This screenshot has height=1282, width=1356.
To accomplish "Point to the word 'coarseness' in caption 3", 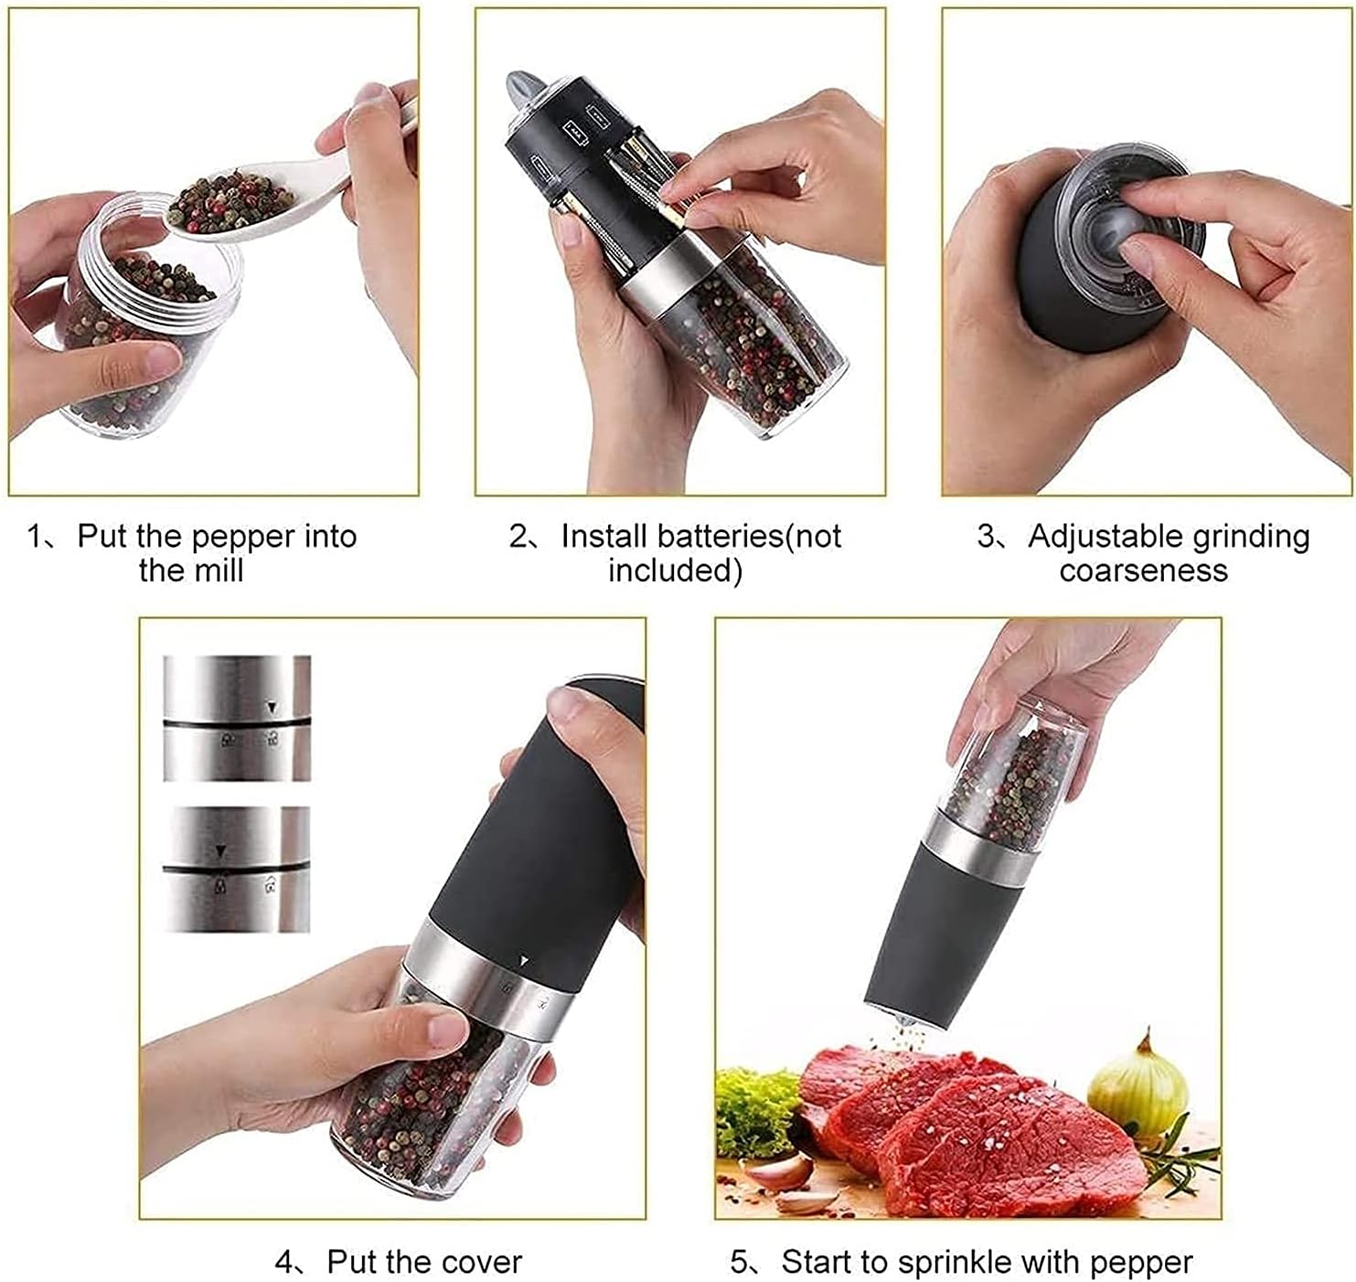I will pos(1143,571).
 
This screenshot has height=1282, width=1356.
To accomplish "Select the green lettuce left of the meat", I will pos(754,1111).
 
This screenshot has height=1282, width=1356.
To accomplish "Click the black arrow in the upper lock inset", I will pos(271,706).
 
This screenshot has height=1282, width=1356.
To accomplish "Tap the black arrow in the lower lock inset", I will pos(220,851).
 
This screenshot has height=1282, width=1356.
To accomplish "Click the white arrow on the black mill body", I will pos(523,961).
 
